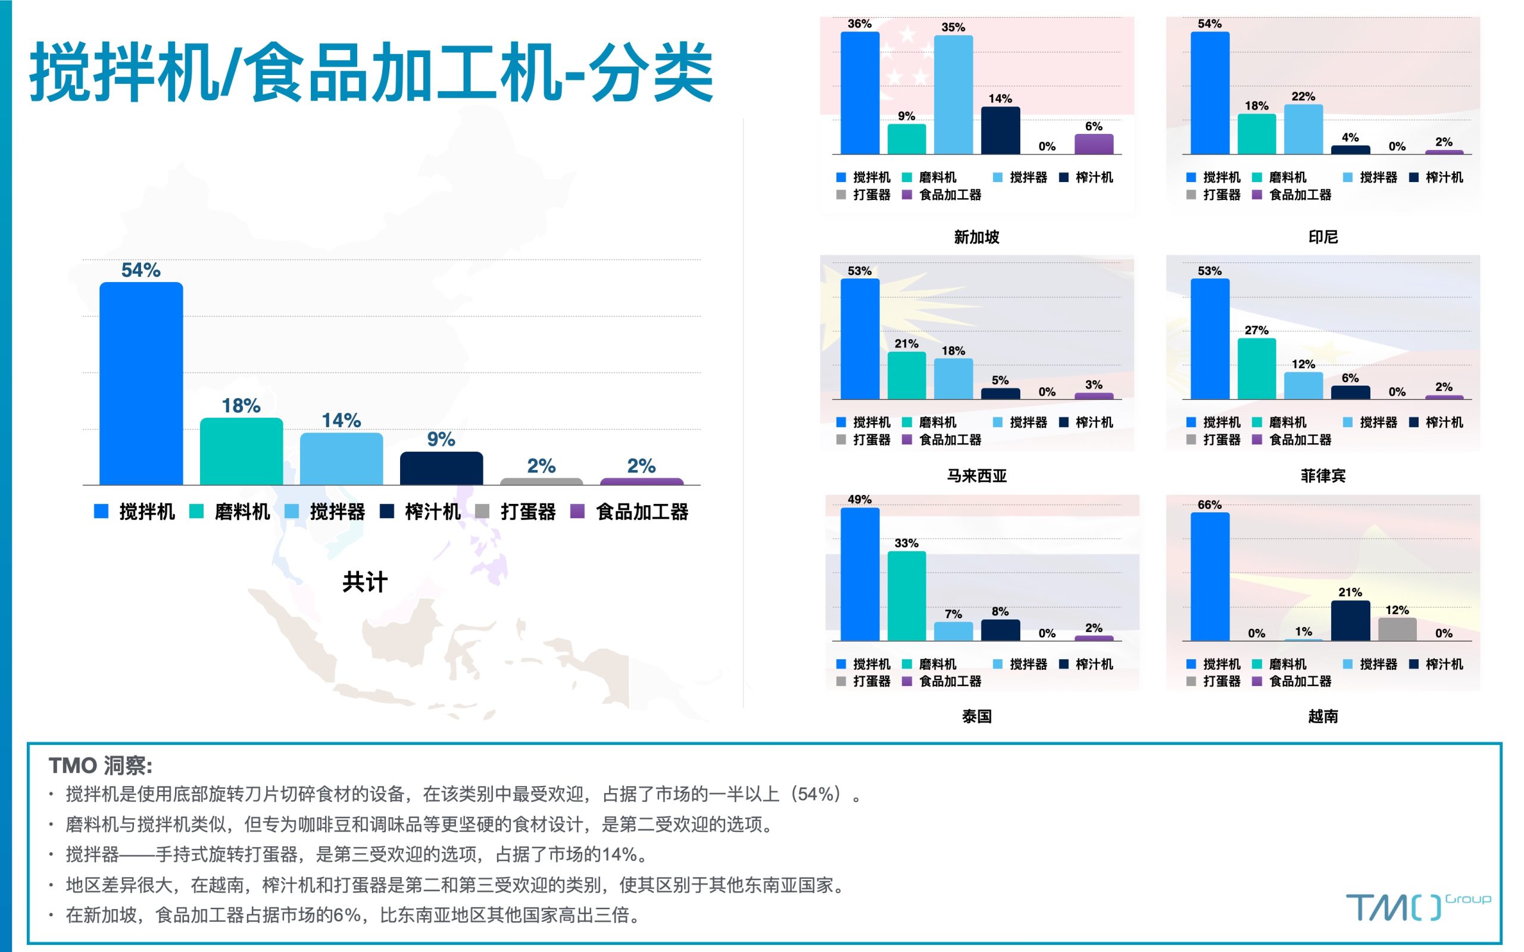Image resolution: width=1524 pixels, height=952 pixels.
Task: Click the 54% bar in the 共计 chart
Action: [141, 383]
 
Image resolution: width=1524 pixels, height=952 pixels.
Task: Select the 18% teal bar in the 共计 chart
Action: [241, 452]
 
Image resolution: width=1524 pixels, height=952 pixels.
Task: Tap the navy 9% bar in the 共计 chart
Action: [442, 468]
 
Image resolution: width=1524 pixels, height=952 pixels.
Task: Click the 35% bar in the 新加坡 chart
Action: [953, 95]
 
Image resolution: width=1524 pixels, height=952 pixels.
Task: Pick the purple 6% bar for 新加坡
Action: [1094, 144]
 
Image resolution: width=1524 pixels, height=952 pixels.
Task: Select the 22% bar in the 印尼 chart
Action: [1303, 129]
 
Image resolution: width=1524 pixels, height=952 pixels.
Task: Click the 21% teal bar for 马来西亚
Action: [907, 375]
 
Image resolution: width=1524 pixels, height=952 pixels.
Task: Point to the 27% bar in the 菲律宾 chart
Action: [1256, 368]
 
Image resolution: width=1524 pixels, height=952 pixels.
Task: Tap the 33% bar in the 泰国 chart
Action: [907, 596]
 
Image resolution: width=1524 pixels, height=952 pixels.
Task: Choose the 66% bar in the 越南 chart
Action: [1210, 577]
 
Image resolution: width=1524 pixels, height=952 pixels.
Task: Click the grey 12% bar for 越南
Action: [1397, 629]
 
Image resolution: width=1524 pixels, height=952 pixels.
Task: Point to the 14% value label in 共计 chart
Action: [341, 420]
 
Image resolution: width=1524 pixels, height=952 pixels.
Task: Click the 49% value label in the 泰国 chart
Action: [860, 499]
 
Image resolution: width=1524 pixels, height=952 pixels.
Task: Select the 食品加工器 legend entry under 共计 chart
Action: [629, 512]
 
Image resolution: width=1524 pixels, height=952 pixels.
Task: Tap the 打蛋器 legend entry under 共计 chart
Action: [516, 512]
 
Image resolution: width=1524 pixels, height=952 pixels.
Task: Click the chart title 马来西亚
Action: [977, 475]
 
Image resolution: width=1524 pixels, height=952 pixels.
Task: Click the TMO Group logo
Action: [1417, 907]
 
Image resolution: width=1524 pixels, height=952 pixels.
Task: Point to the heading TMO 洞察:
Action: [101, 766]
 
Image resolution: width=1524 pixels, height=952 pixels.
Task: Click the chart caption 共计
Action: [366, 582]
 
